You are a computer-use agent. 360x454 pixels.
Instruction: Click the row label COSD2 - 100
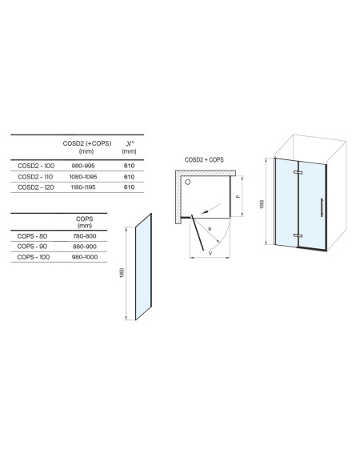[x=36, y=166]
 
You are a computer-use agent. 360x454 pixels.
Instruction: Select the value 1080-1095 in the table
[x=83, y=177]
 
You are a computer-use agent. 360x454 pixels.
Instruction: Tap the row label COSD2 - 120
[x=36, y=187]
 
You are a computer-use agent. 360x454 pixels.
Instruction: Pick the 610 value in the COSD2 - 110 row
[x=129, y=177]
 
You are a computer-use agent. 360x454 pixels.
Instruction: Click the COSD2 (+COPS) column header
[x=87, y=143]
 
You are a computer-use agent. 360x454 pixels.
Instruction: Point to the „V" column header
[x=130, y=143]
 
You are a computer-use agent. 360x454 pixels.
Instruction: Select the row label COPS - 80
[x=32, y=236]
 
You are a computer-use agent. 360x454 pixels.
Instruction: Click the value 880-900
[x=85, y=247]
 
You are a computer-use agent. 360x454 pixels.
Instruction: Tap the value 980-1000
[x=85, y=257]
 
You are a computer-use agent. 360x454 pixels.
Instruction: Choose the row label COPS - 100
[x=34, y=257]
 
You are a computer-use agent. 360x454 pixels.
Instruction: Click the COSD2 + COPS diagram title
[x=204, y=159]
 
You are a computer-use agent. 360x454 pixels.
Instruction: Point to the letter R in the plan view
[x=210, y=229]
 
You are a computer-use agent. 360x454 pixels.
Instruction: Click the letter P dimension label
[x=238, y=197]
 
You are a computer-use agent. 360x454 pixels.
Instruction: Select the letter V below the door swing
[x=210, y=253]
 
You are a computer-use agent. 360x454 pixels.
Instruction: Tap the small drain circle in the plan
[x=188, y=182]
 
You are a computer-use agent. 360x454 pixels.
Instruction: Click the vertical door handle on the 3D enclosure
[x=322, y=207]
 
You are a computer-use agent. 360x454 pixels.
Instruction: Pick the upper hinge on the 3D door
[x=298, y=172]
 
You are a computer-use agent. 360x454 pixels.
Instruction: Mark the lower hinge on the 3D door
[x=298, y=235]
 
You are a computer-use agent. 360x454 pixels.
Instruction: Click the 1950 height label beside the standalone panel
[x=122, y=273]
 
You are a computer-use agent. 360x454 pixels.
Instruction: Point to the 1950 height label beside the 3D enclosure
[x=262, y=204]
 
